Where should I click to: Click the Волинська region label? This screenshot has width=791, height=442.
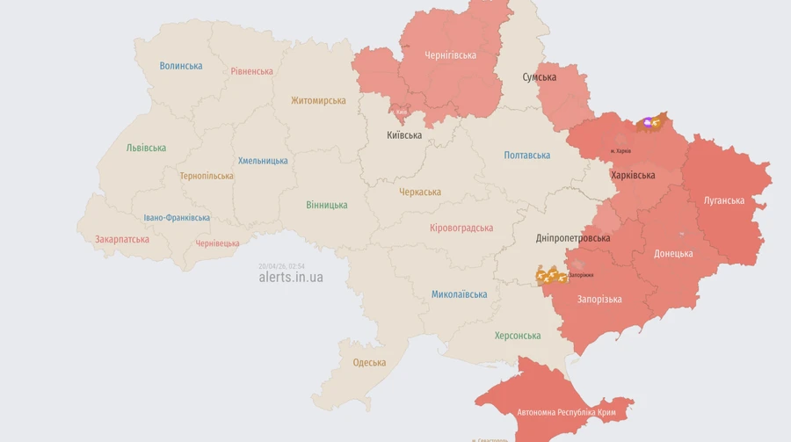tap(181, 66)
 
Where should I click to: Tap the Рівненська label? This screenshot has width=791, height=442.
tap(251, 71)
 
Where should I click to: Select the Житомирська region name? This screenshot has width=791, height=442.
tap(318, 100)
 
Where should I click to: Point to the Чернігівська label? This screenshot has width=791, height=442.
tap(450, 55)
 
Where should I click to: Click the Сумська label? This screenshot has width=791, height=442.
tap(539, 77)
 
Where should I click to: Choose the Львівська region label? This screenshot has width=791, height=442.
tap(146, 148)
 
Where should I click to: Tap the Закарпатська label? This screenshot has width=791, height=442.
tap(122, 238)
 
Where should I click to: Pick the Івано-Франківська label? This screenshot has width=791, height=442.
tap(177, 218)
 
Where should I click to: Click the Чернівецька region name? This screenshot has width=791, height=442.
tap(217, 243)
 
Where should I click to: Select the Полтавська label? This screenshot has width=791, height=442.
tap(527, 156)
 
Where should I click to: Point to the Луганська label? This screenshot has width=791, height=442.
tap(724, 200)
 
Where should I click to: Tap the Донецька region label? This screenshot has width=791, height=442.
tap(673, 254)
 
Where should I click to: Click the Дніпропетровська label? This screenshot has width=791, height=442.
tap(573, 238)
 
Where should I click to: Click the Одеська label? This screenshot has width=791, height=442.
tap(369, 363)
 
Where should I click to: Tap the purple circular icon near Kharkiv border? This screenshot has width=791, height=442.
tap(650, 123)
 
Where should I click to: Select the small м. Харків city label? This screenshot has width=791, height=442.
tap(620, 151)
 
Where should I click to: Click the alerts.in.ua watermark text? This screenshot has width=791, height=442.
tap(290, 277)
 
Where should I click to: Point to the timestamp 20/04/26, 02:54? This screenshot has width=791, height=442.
tap(281, 265)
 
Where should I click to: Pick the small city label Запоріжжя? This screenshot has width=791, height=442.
tap(581, 275)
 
